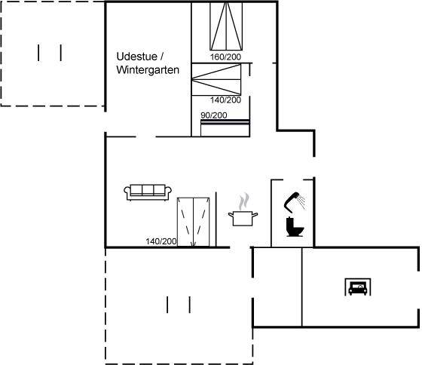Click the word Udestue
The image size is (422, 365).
(x=136, y=57)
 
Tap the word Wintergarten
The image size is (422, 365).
(x=148, y=70)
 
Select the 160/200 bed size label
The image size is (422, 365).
(x=225, y=57)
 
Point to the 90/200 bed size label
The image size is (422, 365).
(x=214, y=115)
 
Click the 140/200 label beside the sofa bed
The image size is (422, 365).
(x=161, y=241)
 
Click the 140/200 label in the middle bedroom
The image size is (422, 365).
(x=225, y=100)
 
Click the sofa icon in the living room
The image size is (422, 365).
(x=148, y=192)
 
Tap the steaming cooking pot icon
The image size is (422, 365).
(x=243, y=210)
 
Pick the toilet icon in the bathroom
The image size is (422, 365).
(x=295, y=226)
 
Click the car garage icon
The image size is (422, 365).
(x=358, y=287)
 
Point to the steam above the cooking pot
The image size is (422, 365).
(x=244, y=201)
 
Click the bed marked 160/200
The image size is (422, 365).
(x=226, y=26)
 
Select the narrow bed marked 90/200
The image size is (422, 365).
(x=225, y=128)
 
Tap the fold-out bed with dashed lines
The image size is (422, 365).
(x=193, y=222)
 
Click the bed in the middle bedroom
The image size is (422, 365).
(x=216, y=79)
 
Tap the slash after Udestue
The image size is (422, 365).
(x=162, y=57)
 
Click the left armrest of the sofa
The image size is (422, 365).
(x=127, y=192)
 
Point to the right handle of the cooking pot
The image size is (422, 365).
(x=255, y=214)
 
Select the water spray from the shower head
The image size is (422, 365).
(x=302, y=201)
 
